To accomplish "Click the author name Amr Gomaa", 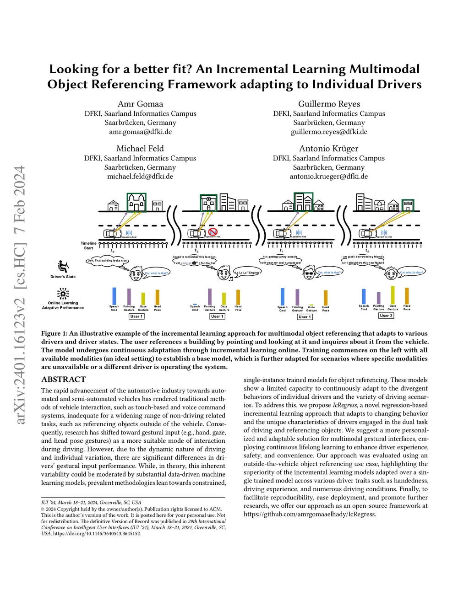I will (140, 104).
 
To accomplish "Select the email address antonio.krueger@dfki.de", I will (328, 176).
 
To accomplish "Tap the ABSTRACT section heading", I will (63, 379).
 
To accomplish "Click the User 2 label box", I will (386, 316).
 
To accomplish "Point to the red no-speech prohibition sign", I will (212, 232).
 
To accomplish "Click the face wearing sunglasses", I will (309, 274).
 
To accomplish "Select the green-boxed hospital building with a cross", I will (208, 203).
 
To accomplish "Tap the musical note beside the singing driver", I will (231, 279).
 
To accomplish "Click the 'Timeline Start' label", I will (88, 246).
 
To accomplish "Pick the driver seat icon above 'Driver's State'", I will (63, 266).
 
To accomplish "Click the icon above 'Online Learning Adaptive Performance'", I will (63, 294).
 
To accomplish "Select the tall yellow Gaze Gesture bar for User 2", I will (393, 295).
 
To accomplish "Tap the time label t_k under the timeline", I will (367, 251).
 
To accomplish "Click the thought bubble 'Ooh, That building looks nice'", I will (107, 261).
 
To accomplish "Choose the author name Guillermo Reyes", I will (329, 104).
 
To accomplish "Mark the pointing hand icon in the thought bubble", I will (195, 263).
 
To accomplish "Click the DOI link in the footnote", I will (97, 533).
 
